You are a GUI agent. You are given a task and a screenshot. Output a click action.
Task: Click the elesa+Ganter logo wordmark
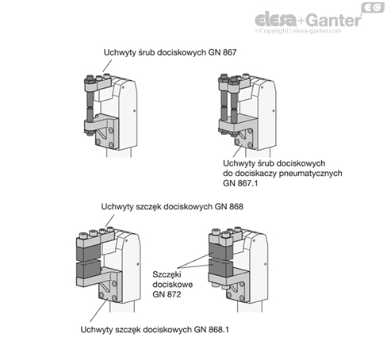coord(308,19)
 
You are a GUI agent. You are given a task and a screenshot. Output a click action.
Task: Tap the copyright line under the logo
coord(298,31)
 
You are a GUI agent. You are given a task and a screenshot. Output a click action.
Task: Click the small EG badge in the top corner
coord(373,7)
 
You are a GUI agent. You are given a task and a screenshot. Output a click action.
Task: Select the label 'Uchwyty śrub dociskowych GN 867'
coord(170,52)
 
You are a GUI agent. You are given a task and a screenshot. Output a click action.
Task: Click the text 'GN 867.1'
coord(240,183)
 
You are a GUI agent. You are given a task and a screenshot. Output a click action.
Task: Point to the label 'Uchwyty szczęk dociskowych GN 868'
coord(172,206)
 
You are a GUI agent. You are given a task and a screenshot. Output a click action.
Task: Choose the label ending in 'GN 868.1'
coord(155,330)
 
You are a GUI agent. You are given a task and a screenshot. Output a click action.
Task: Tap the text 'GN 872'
coord(167,294)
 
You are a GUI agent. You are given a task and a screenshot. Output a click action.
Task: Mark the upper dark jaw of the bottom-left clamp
coord(88,252)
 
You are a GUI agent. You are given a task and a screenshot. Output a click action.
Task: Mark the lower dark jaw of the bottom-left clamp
coord(88,270)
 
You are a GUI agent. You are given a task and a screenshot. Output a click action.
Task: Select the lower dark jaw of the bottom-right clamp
coord(220,267)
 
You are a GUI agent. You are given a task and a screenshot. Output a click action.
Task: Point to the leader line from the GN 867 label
coord(107,66)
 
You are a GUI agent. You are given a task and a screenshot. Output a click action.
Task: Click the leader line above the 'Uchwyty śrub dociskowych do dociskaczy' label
coord(237,151)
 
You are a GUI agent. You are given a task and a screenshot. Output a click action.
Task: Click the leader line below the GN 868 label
coord(110,220)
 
